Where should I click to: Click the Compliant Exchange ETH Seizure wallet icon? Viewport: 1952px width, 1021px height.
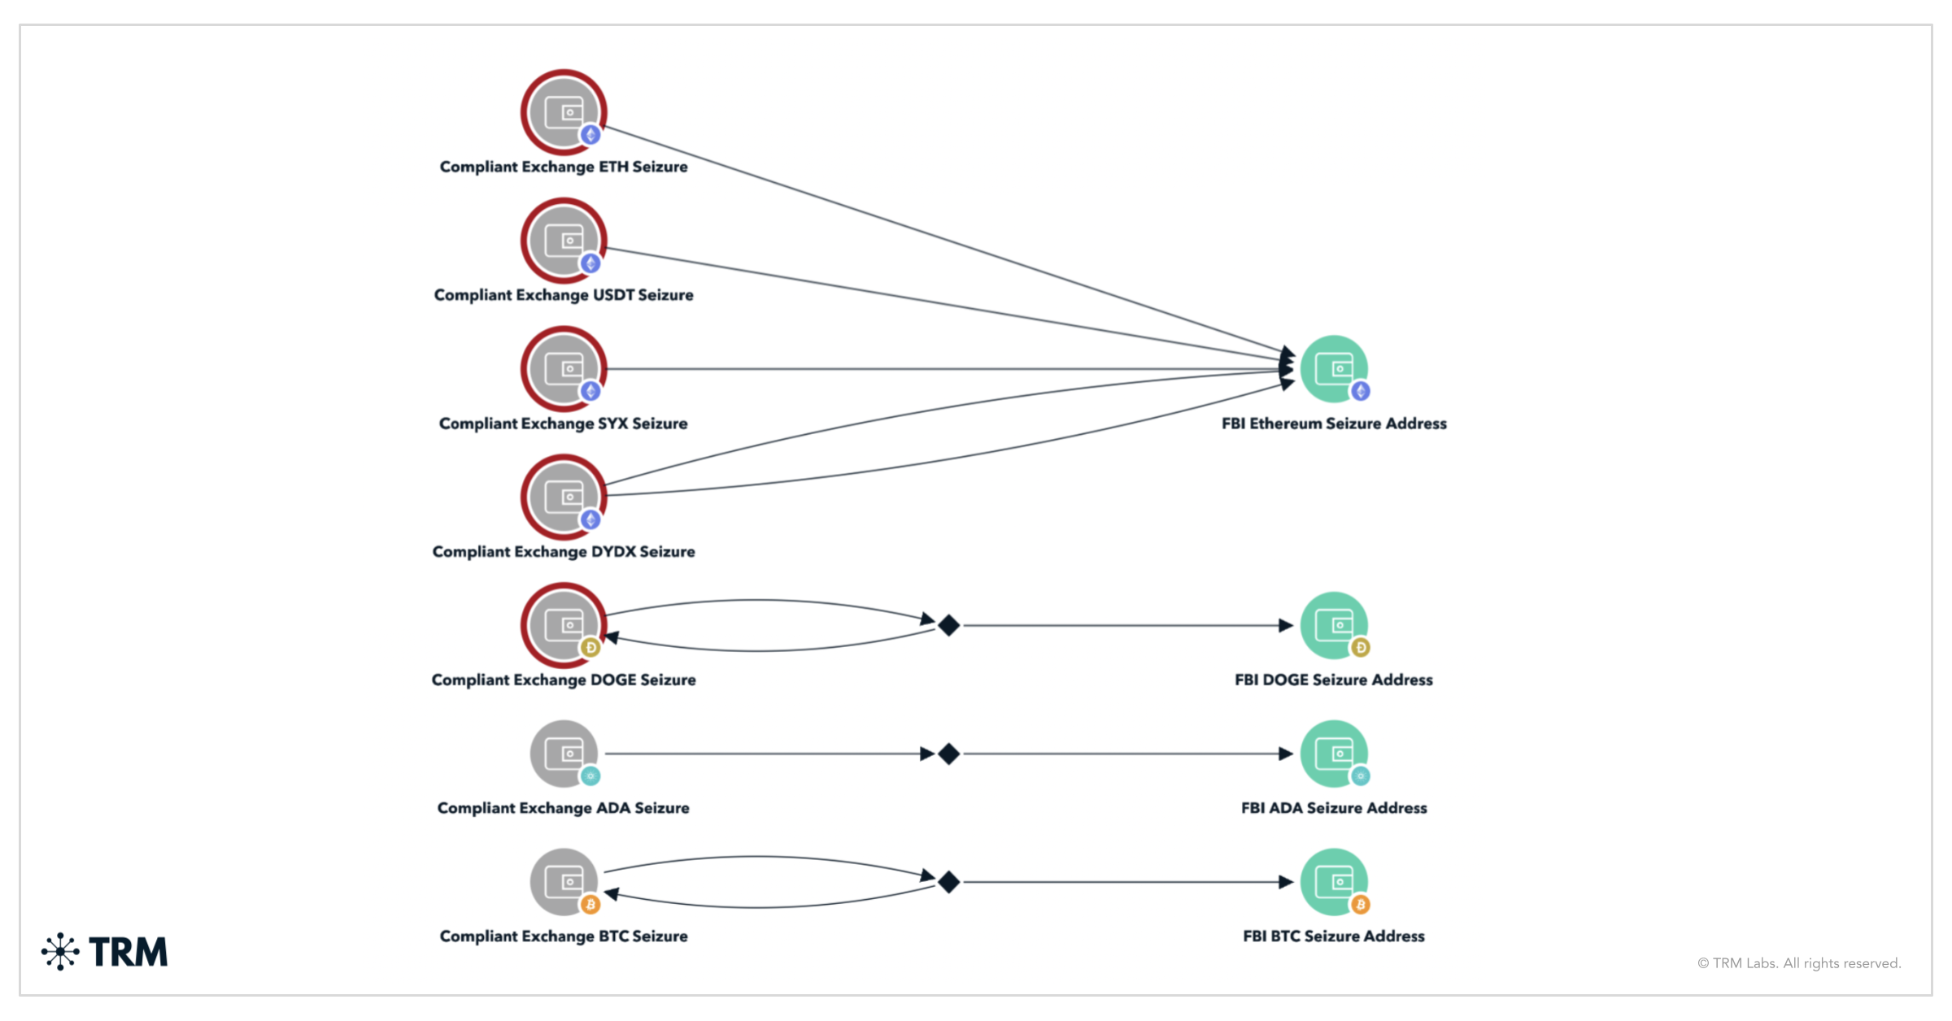564,112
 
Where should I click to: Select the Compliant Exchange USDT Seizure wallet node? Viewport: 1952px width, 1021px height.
564,241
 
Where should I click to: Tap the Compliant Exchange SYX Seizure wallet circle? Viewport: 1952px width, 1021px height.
564,369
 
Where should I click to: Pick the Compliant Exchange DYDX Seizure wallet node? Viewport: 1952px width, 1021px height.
564,497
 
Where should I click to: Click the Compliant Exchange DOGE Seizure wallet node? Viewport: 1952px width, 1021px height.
564,625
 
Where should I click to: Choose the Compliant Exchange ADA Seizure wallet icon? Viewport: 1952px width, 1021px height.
564,754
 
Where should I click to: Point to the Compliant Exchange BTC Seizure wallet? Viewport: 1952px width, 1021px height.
564,882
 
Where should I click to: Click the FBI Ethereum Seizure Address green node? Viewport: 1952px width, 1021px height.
1334,369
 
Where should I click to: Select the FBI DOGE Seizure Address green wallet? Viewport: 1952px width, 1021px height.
1334,625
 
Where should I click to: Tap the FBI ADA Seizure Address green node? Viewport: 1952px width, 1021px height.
1334,754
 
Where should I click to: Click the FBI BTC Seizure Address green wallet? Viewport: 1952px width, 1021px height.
1334,882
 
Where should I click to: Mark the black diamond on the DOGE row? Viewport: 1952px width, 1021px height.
948,625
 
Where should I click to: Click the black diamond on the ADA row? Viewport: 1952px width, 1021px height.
948,754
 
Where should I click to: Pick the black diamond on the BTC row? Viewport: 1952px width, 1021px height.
948,882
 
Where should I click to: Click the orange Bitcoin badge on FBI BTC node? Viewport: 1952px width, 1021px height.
1361,904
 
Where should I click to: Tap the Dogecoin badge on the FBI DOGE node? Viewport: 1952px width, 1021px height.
1361,647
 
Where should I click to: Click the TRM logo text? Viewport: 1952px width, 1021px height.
128,952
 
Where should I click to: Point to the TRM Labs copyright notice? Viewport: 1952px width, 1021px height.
1799,963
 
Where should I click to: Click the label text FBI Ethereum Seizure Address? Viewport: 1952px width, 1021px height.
1334,424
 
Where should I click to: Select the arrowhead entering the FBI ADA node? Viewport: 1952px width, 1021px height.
1285,754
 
